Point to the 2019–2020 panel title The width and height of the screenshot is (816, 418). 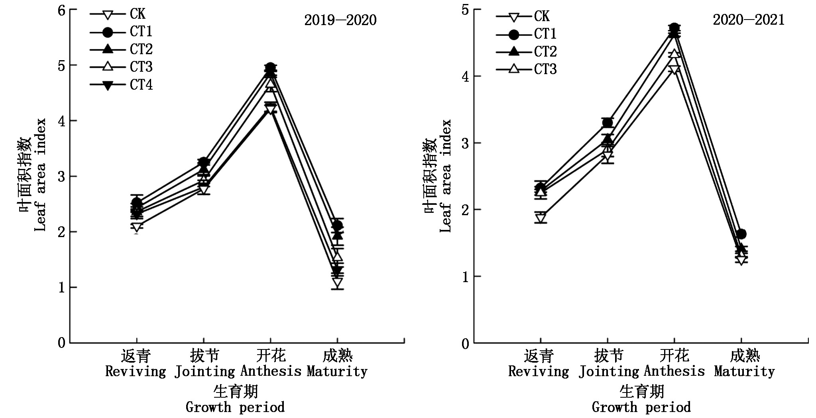tap(340, 20)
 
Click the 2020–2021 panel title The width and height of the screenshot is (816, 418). tap(748, 20)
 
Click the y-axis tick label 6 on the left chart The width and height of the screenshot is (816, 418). tap(61, 10)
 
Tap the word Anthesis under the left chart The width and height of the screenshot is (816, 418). tap(271, 371)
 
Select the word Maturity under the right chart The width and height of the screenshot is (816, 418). tap(744, 371)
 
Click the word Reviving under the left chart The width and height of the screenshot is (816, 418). tap(136, 371)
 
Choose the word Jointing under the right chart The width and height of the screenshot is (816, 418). tap(609, 371)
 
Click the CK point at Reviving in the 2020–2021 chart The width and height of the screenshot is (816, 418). tap(541, 218)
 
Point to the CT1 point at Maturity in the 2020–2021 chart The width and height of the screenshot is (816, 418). tap(741, 234)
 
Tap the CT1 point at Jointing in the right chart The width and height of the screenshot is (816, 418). tap(608, 123)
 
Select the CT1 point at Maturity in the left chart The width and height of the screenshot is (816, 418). tap(338, 226)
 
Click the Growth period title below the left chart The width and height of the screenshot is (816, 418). tap(235, 407)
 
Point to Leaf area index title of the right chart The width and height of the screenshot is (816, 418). tap(445, 175)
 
